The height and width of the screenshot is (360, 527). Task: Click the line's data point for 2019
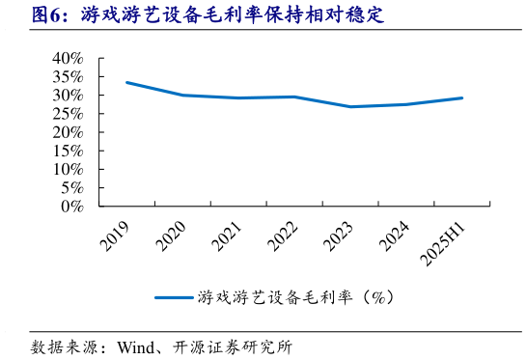click(126, 82)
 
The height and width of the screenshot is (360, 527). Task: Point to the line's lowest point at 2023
click(351, 106)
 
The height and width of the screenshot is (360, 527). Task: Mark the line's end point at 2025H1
click(462, 97)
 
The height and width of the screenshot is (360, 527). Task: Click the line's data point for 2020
click(182, 95)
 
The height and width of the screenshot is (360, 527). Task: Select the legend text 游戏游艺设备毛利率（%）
click(294, 297)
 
